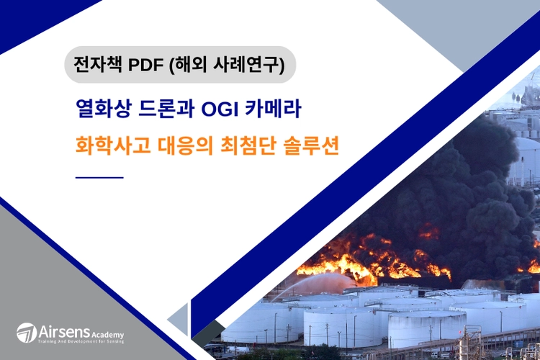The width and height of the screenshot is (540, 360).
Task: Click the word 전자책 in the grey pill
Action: (98, 64)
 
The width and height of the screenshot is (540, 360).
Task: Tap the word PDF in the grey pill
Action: (145, 65)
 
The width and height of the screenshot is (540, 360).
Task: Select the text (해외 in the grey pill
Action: (188, 65)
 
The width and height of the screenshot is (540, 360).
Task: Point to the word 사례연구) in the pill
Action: (249, 65)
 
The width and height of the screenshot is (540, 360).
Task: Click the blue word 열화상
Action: (103, 109)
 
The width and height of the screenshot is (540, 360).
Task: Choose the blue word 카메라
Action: (273, 109)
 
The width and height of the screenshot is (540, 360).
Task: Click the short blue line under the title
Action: (99, 177)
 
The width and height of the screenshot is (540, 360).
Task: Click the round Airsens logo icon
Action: (27, 333)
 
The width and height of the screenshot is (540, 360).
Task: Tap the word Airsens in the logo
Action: (64, 332)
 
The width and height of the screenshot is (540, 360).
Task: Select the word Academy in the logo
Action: (107, 335)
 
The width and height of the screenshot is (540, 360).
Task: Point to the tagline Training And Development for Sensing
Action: (81, 341)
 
